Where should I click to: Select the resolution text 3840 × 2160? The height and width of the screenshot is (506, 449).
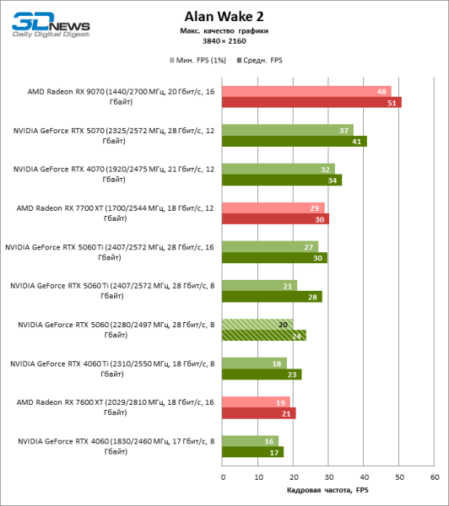click(224, 40)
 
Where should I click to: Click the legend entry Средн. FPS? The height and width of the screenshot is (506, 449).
click(262, 61)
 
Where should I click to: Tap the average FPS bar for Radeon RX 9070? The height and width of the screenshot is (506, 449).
click(311, 103)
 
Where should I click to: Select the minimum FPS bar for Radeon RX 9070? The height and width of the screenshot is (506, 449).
click(306, 91)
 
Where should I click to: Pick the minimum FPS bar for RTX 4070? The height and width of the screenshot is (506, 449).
click(279, 169)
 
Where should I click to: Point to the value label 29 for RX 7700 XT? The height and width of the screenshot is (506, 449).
click(315, 207)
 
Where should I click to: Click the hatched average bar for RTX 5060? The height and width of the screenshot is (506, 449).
click(263, 335)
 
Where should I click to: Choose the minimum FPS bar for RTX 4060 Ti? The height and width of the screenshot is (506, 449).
click(254, 363)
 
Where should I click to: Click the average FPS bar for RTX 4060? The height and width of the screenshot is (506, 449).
click(252, 452)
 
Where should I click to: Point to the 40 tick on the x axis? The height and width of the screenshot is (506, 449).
click(364, 476)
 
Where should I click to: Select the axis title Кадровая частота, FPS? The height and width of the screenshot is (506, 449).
click(327, 491)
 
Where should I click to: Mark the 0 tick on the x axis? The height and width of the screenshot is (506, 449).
click(223, 476)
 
